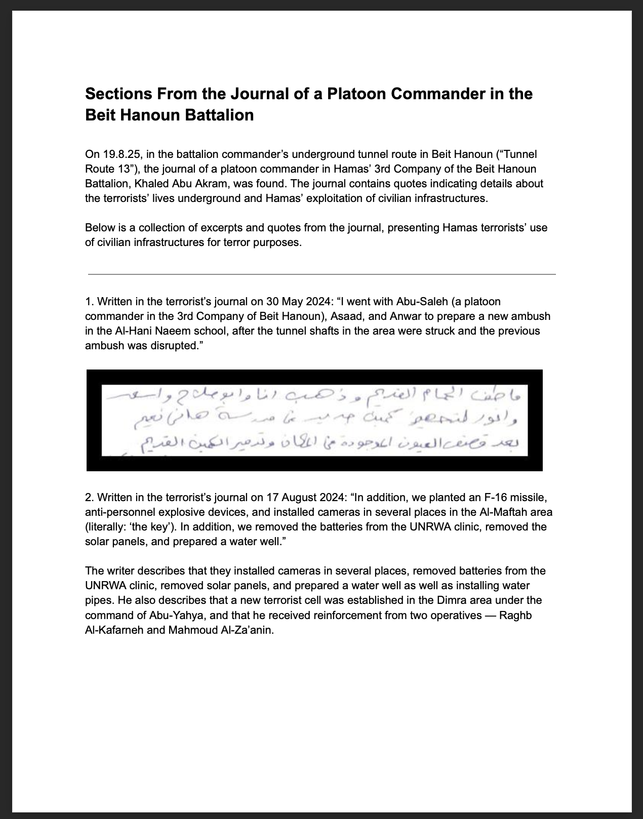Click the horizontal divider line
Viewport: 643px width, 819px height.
coord(322,274)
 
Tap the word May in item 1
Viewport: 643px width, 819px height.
coord(291,302)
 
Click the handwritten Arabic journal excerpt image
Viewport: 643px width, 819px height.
coord(314,420)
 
